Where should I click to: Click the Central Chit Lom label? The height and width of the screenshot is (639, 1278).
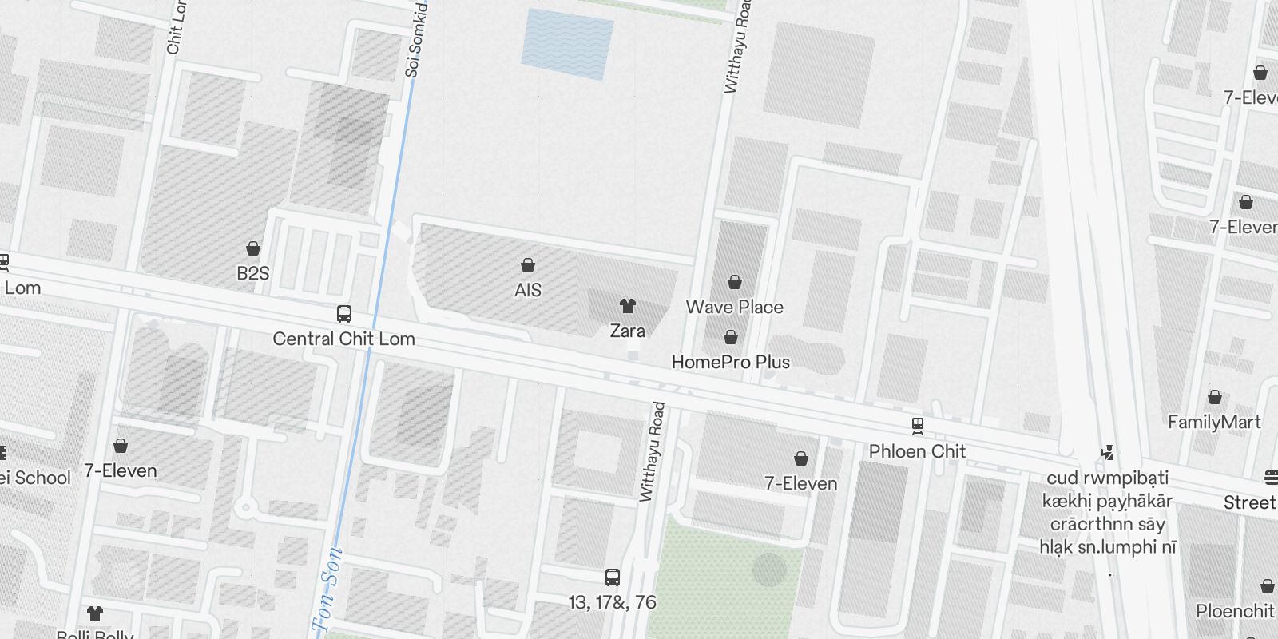point(343,339)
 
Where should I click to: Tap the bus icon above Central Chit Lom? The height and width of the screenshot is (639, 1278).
point(344,314)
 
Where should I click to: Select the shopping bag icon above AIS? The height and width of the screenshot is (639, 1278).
point(527,265)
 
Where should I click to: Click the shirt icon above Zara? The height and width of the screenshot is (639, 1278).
point(628,305)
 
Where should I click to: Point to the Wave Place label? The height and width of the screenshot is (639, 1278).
point(734,307)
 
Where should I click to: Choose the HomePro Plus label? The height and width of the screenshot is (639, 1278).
point(730,362)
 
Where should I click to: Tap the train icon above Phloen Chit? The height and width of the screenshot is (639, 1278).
point(918,426)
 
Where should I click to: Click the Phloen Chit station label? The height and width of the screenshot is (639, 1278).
point(917,451)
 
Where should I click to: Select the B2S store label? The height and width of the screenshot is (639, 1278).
point(253,273)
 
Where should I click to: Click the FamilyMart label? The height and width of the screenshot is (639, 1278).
point(1214,422)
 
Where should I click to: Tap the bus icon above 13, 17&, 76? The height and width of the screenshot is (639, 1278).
point(613,577)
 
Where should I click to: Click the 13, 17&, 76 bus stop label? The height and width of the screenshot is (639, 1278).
point(613,602)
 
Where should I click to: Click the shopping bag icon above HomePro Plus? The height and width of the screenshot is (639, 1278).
point(730,337)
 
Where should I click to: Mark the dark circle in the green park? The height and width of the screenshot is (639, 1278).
point(769,570)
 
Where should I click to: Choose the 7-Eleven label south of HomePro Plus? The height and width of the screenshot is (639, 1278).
point(800,483)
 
